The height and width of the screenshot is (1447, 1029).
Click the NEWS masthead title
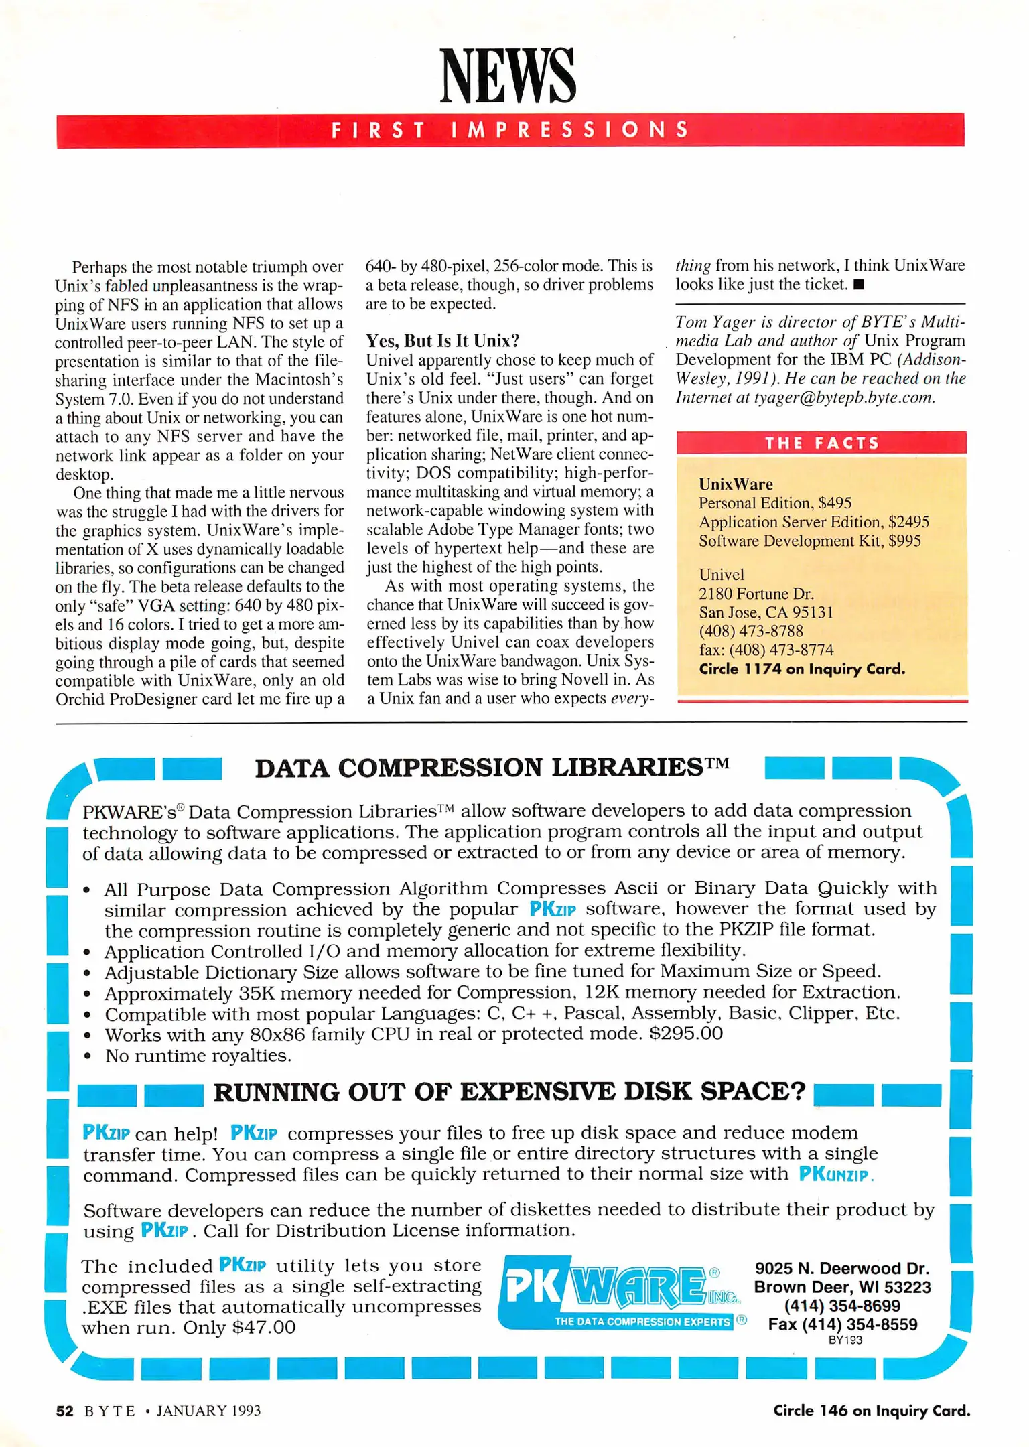(x=507, y=76)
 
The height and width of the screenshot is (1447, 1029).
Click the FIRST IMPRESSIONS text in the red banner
(x=509, y=130)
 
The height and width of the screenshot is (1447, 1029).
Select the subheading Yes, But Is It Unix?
(x=442, y=341)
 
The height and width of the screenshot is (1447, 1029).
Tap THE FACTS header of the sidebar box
(x=821, y=443)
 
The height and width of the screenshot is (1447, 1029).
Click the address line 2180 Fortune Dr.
(x=756, y=594)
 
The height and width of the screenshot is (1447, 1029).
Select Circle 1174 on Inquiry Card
(x=801, y=669)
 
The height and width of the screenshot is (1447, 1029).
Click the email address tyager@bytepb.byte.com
(x=843, y=398)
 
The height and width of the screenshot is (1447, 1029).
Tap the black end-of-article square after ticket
(x=860, y=285)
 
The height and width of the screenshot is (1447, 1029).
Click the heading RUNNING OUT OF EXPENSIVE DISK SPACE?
(x=509, y=1092)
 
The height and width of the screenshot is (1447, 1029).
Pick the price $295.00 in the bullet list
(x=685, y=1034)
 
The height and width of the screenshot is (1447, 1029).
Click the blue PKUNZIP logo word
(x=835, y=1174)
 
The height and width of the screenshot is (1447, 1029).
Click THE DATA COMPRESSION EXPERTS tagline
(x=641, y=1322)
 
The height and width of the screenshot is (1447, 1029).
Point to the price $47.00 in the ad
(x=263, y=1328)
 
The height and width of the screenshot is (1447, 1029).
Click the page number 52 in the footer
(x=64, y=1411)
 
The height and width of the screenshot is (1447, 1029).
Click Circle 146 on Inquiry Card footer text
(x=871, y=1411)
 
